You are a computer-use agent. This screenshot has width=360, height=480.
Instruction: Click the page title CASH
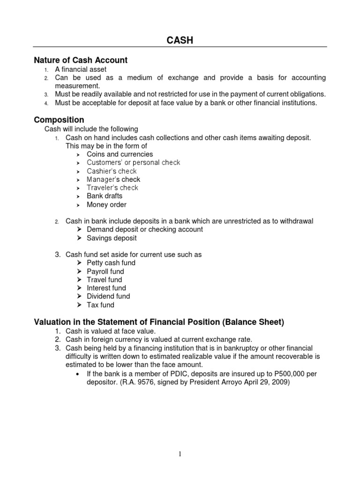[180, 41]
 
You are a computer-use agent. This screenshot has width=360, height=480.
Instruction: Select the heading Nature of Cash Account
[81, 60]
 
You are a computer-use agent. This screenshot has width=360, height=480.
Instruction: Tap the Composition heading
[59, 120]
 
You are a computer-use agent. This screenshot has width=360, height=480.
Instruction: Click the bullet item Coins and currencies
[120, 154]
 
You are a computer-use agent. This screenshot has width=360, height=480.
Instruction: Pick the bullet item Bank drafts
[105, 196]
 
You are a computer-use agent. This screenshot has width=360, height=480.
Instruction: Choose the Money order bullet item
[106, 204]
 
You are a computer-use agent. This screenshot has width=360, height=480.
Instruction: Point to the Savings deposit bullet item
[112, 238]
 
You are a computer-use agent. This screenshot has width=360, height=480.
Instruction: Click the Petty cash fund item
[111, 263]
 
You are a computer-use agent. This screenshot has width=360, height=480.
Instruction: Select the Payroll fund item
[105, 271]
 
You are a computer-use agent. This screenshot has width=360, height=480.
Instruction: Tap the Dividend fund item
[108, 296]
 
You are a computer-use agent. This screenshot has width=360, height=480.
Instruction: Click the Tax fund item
[100, 305]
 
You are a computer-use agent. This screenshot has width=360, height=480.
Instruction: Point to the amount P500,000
[291, 373]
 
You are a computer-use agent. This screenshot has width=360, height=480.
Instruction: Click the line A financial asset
[81, 69]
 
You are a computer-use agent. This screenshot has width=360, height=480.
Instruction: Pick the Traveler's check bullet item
[112, 187]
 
